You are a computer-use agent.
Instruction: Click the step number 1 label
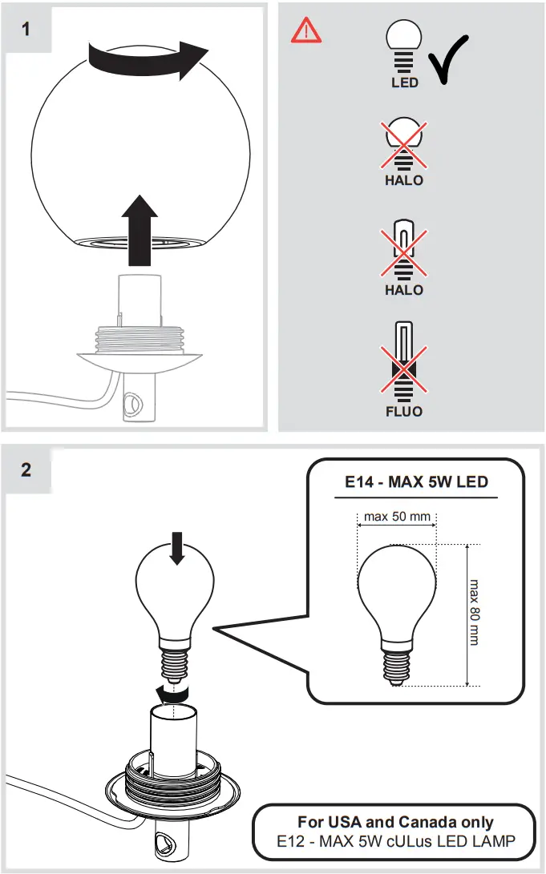[x=26, y=29]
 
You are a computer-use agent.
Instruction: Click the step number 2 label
[x=26, y=469]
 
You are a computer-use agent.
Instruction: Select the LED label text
[x=405, y=83]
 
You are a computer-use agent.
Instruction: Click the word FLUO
[x=404, y=412]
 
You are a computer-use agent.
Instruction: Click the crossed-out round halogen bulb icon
[x=404, y=144]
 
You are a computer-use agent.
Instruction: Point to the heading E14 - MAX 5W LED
[x=416, y=482]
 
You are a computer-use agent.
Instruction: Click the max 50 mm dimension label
[x=396, y=516]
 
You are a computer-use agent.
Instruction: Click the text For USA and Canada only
[x=395, y=822]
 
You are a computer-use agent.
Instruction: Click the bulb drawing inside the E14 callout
[x=396, y=605]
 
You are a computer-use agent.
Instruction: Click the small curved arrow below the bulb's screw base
[x=172, y=691]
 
